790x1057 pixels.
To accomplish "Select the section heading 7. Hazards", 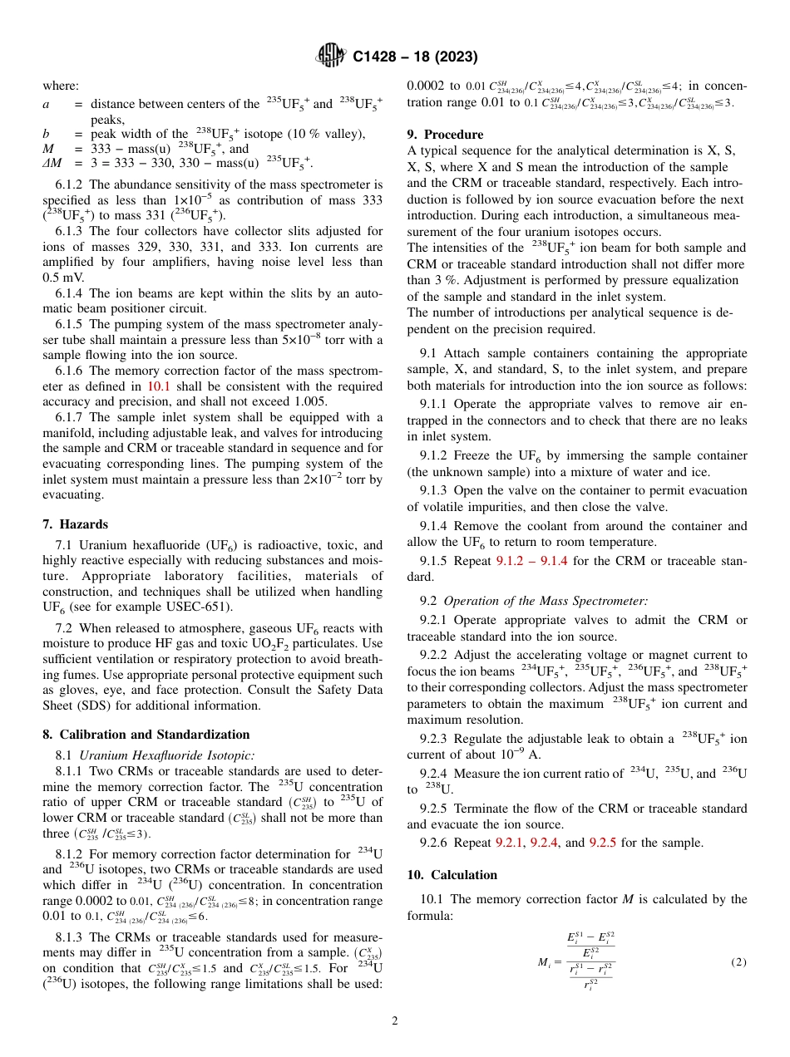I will [x=76, y=524].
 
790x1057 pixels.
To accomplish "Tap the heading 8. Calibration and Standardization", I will [x=146, y=735].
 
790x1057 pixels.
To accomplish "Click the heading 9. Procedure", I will [x=445, y=134].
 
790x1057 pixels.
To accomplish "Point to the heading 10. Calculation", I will [x=452, y=875].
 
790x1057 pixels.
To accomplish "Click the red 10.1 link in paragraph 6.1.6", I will [x=158, y=386].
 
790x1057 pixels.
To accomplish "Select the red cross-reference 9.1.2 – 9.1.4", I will [x=534, y=561].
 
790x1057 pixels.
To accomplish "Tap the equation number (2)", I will [x=738, y=962].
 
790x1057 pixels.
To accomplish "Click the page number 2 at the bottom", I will [x=395, y=1021].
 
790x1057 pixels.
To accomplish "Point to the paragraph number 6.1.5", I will [x=72, y=324].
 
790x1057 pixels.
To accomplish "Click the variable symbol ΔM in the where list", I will [x=52, y=163].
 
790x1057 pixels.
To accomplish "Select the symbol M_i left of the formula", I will [x=545, y=962].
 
